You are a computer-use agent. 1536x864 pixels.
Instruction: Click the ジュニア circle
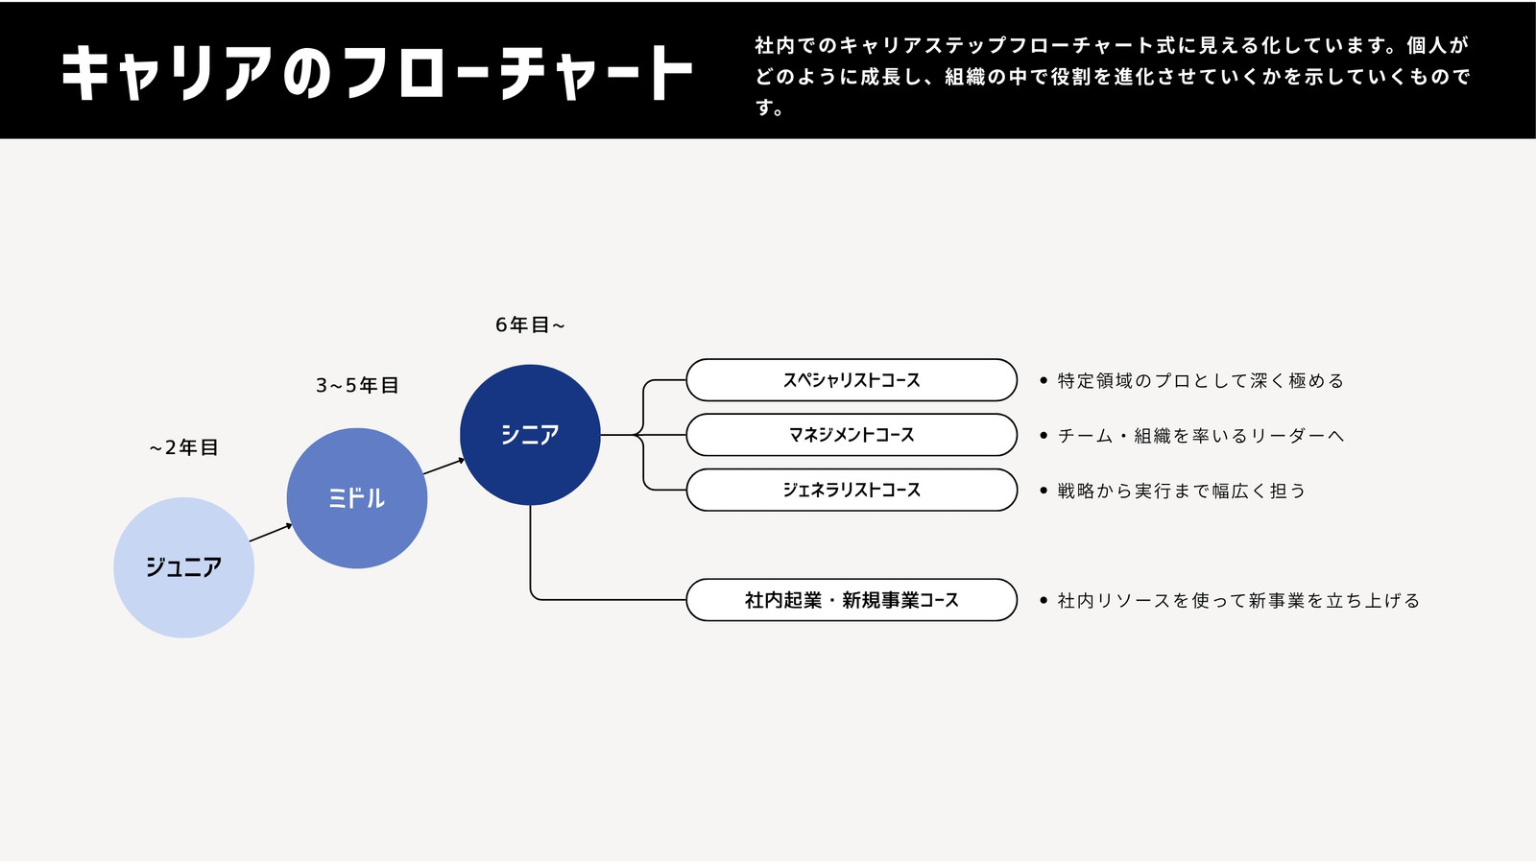coord(183,567)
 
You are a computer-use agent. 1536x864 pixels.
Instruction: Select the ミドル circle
coord(356,498)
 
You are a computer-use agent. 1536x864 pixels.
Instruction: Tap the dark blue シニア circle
coord(530,435)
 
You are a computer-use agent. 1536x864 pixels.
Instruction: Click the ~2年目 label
coord(183,447)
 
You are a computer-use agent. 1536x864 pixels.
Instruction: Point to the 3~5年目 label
coord(356,385)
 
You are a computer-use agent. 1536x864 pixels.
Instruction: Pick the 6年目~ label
coord(530,325)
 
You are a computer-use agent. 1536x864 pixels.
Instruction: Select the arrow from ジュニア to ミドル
coord(271,533)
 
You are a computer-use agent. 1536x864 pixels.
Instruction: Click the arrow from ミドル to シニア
coord(444,467)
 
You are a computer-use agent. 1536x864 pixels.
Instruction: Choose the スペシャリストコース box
coord(852,380)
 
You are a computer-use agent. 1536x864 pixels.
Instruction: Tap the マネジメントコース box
coord(852,435)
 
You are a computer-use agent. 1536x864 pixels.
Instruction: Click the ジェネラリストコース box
coord(852,490)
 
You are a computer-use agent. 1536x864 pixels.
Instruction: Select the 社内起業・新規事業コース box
coord(852,600)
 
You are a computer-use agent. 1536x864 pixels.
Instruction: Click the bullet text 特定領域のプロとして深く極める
coord(1201,380)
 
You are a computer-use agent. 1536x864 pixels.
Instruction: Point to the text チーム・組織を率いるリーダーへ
coord(1201,436)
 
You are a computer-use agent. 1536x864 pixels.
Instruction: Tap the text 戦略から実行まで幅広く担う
coord(1182,491)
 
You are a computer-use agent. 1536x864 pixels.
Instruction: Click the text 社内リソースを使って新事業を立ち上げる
coord(1238,601)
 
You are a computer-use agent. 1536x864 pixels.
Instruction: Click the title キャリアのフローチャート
coord(377,73)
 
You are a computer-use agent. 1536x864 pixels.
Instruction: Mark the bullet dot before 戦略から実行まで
coord(1044,491)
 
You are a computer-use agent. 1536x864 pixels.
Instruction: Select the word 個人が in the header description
coord(1437,45)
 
